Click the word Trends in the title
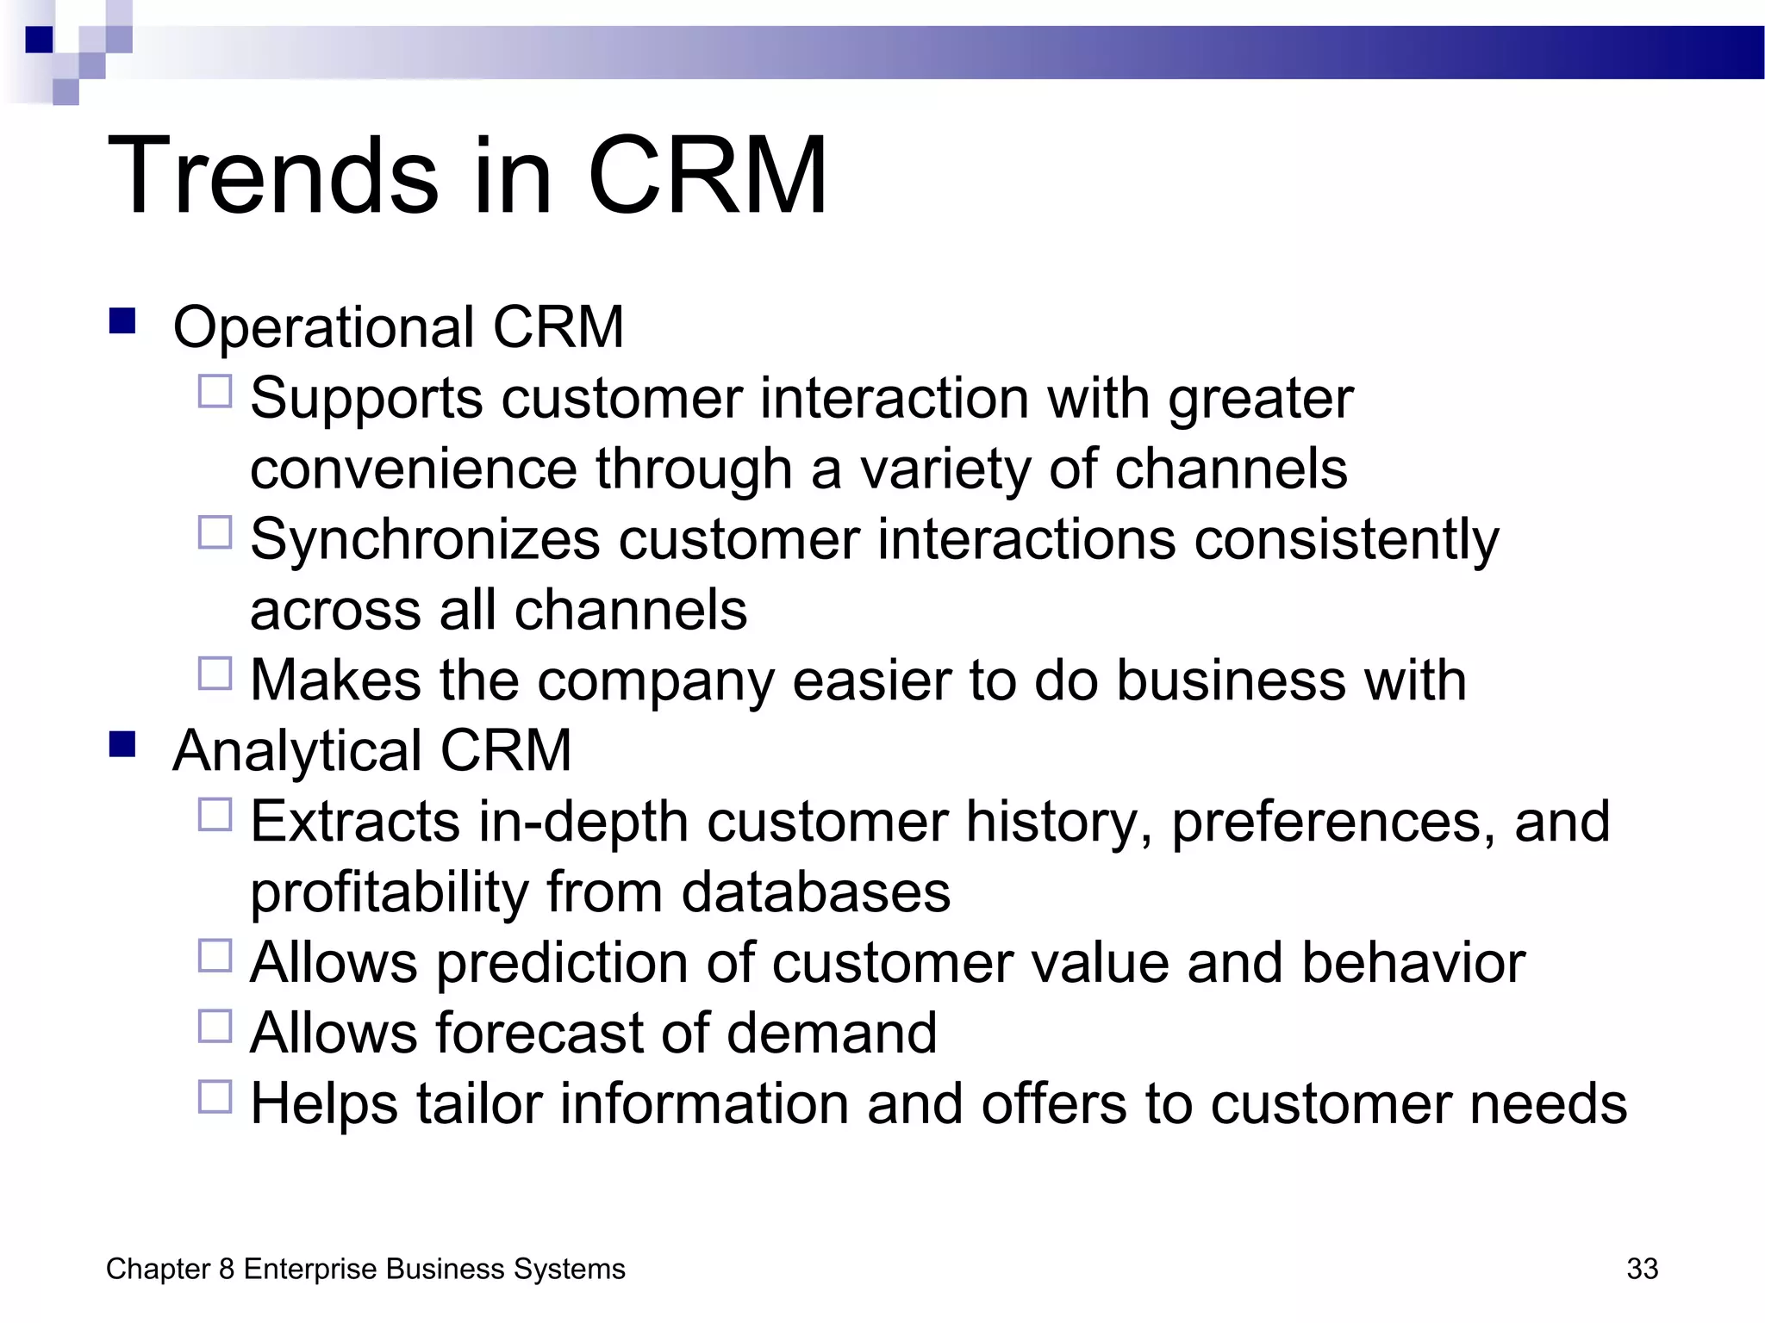click(x=274, y=177)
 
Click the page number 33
click(x=1642, y=1269)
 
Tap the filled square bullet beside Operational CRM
click(x=122, y=321)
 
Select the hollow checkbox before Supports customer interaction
click(x=215, y=392)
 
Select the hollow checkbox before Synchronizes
click(x=215, y=532)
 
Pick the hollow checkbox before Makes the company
click(x=215, y=674)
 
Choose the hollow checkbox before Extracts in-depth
click(x=215, y=815)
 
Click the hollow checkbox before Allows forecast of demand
click(x=215, y=1026)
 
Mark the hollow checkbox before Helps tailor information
click(x=215, y=1096)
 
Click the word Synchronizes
click(x=425, y=541)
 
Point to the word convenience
click(x=413, y=470)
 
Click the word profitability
click(x=389, y=893)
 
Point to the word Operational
click(x=323, y=329)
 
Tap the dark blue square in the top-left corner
click(x=39, y=40)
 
